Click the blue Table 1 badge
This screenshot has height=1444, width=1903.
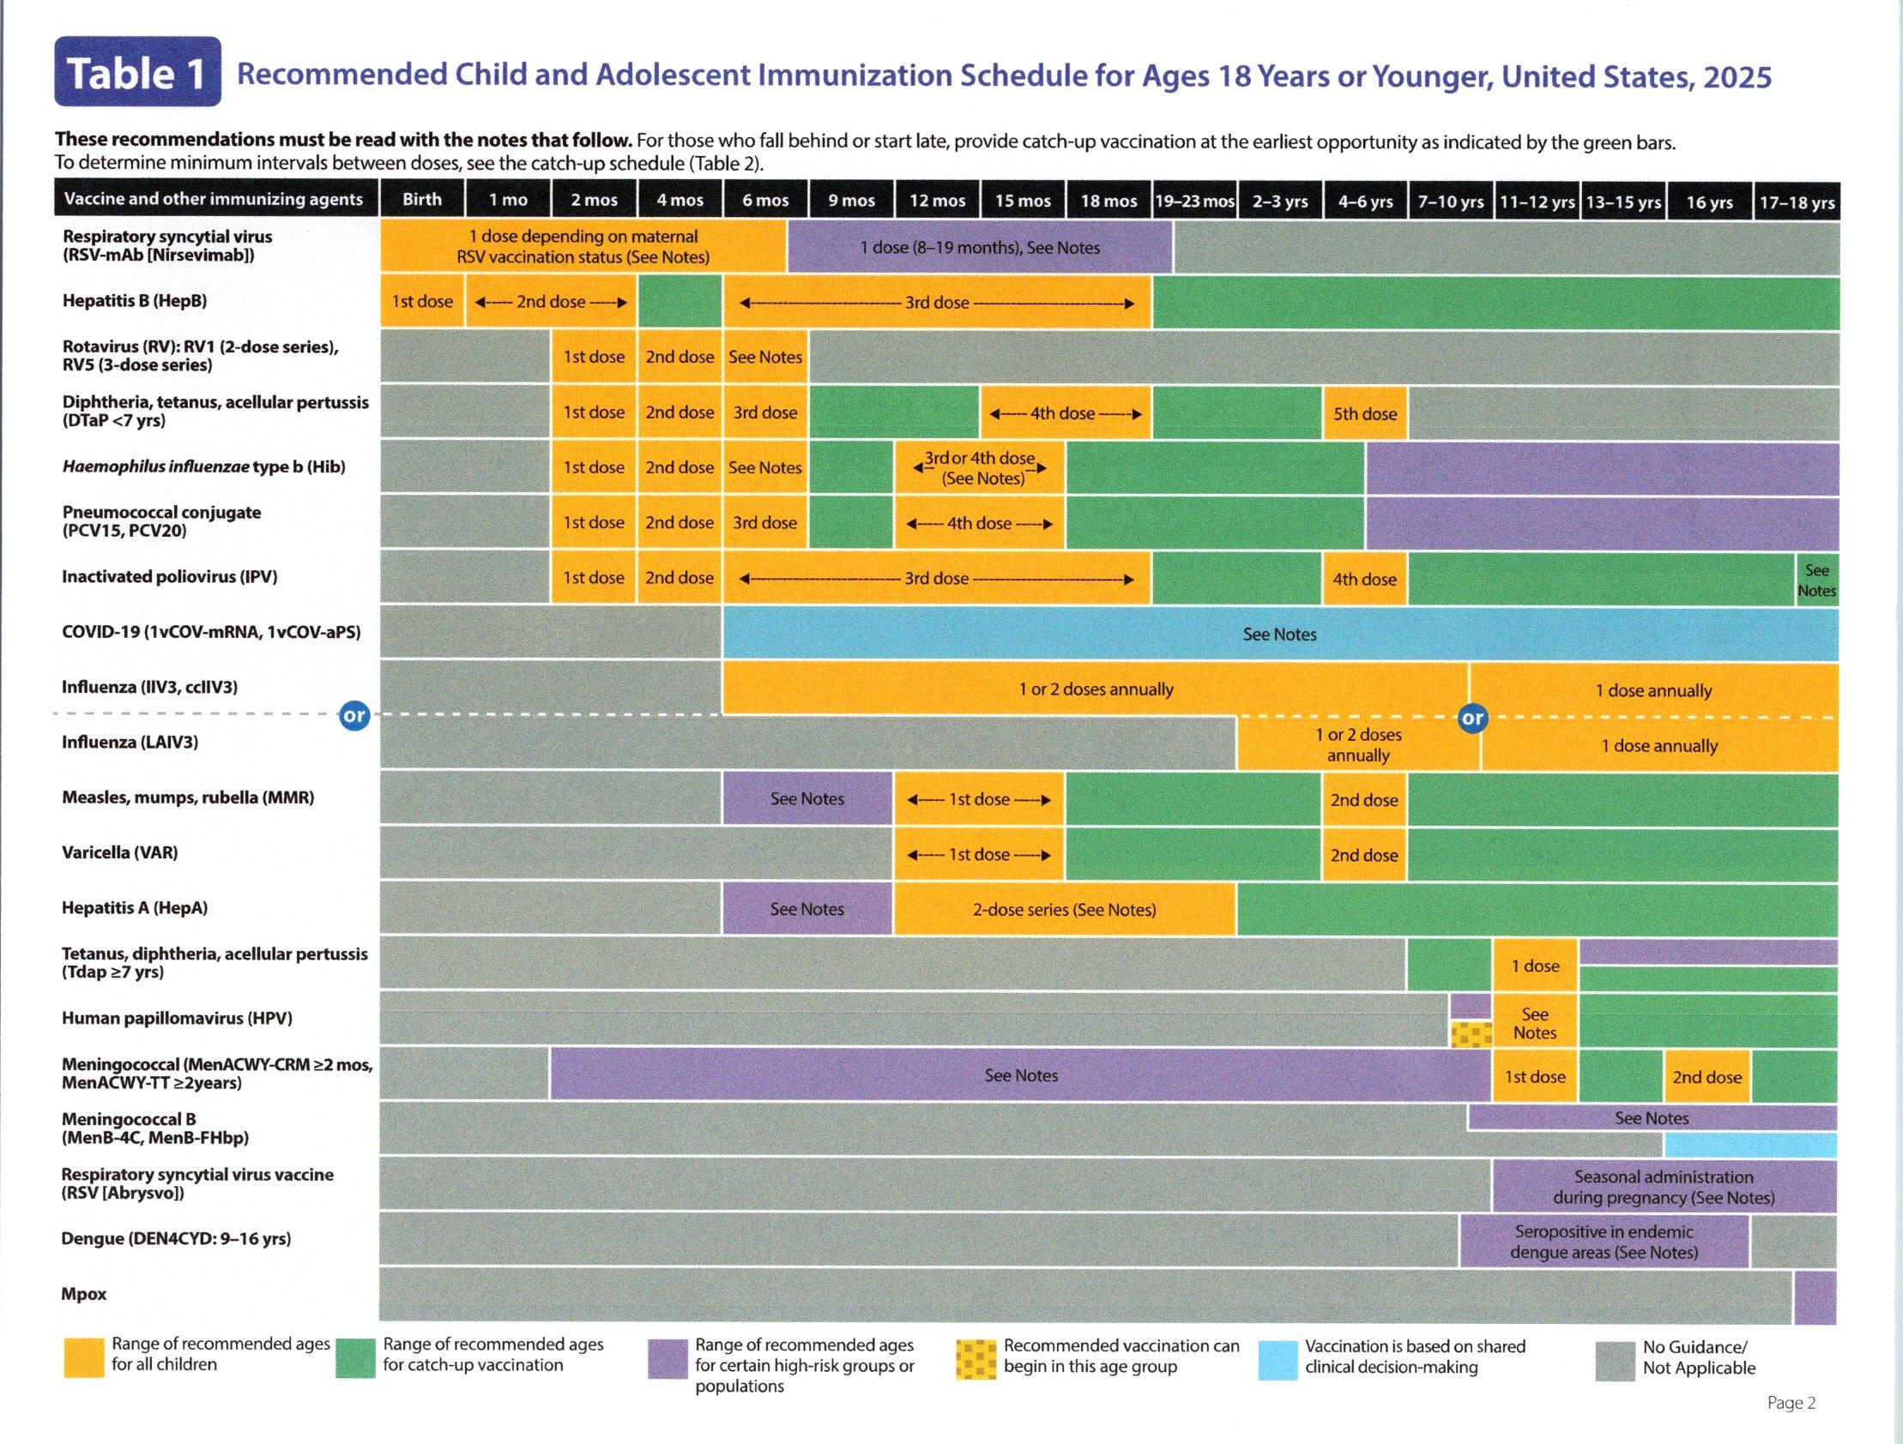point(137,72)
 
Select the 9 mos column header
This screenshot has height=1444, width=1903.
point(851,201)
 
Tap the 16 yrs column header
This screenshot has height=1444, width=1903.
point(1708,202)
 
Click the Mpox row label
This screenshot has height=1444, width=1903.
point(83,1293)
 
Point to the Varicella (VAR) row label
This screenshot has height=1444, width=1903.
point(119,852)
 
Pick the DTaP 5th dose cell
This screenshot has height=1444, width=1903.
point(1364,412)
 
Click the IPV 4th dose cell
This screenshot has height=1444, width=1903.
point(1364,579)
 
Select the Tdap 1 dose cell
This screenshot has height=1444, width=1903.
point(1535,965)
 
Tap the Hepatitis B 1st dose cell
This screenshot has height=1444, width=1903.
point(421,302)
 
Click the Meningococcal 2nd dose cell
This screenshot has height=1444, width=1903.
point(1707,1077)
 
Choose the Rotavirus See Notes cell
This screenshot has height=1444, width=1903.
point(764,357)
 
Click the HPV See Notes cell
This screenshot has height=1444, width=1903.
point(1535,1024)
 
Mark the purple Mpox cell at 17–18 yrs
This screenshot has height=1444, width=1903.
point(1815,1297)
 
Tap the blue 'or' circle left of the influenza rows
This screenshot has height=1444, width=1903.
point(354,714)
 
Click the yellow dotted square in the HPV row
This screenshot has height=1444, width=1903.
point(1471,1034)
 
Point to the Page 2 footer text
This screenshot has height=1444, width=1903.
point(1791,1403)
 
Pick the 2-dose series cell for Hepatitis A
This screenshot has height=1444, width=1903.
point(1064,909)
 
